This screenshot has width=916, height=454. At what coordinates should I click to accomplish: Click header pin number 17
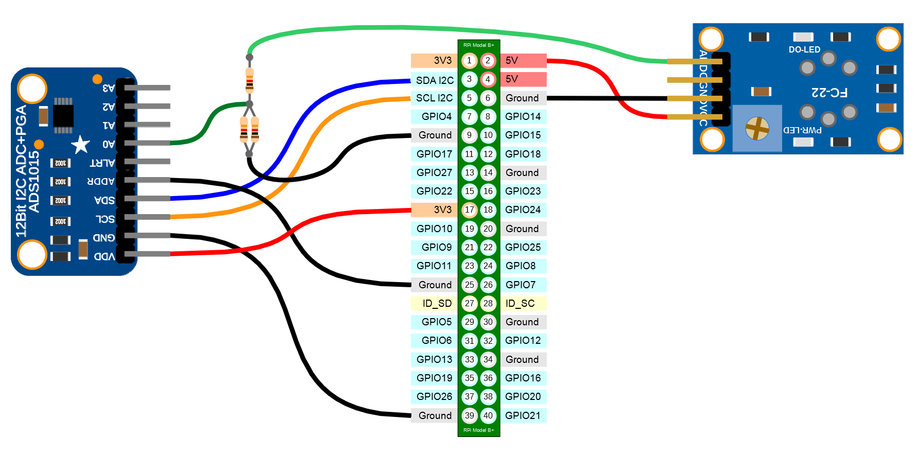(x=469, y=210)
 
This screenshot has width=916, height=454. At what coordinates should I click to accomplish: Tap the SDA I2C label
(x=435, y=80)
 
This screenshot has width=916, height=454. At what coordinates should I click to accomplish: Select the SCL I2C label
(x=434, y=98)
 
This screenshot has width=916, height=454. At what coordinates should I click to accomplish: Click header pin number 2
(x=488, y=61)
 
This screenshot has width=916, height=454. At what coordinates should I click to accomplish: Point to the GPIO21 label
(x=523, y=415)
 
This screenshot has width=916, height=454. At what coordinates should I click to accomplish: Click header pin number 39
(x=469, y=415)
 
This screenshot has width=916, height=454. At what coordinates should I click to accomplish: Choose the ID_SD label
(x=437, y=303)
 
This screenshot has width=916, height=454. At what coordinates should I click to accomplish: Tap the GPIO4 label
(x=436, y=116)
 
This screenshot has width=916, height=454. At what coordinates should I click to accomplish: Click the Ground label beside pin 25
(x=435, y=285)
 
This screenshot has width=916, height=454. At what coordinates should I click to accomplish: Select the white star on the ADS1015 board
(x=80, y=145)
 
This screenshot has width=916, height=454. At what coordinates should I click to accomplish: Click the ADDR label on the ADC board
(x=101, y=181)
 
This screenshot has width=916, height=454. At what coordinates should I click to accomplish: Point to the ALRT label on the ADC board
(x=102, y=163)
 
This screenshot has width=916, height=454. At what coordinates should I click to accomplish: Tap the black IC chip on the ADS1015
(x=63, y=115)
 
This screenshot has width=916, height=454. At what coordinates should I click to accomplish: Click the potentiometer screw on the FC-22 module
(x=757, y=128)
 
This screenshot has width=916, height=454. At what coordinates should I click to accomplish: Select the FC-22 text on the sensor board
(x=829, y=93)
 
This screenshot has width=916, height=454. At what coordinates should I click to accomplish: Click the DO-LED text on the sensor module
(x=804, y=49)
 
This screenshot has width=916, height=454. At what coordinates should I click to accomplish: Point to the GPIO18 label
(x=523, y=154)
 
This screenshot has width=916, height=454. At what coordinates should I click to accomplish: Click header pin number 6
(x=488, y=98)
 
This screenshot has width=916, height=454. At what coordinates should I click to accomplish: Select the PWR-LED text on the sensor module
(x=802, y=130)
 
